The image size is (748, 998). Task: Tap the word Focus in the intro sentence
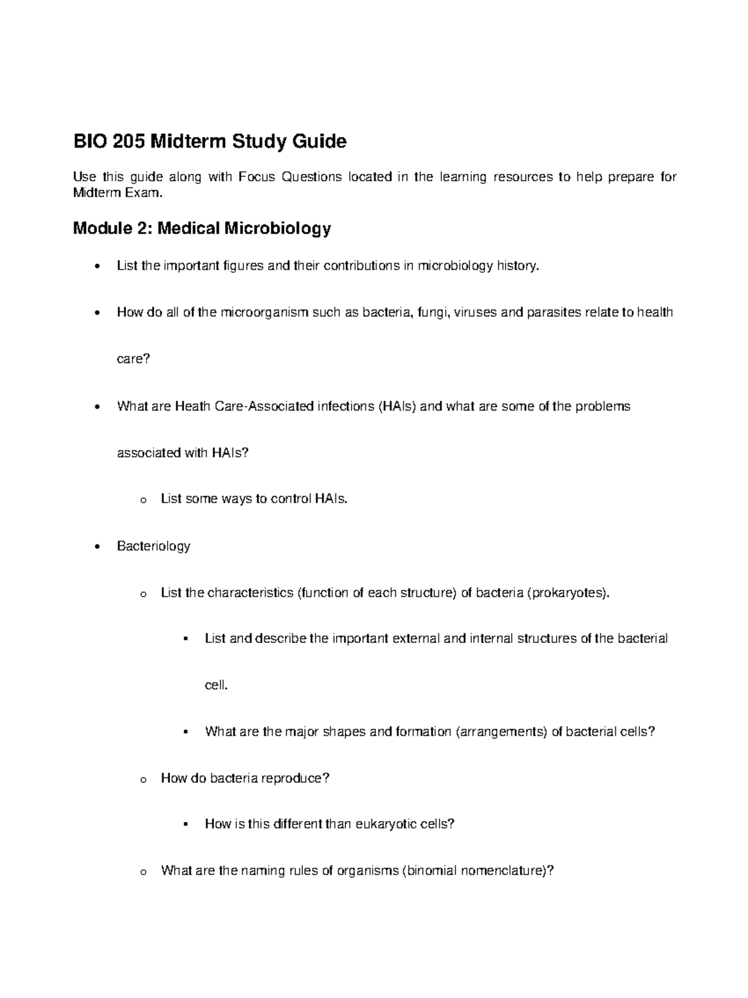coord(257,177)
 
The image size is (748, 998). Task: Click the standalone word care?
coord(133,359)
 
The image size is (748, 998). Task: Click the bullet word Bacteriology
coord(153,546)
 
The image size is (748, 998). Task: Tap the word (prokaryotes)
coord(568,592)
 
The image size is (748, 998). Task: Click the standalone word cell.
coord(216,685)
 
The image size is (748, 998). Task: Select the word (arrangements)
coord(502,731)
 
